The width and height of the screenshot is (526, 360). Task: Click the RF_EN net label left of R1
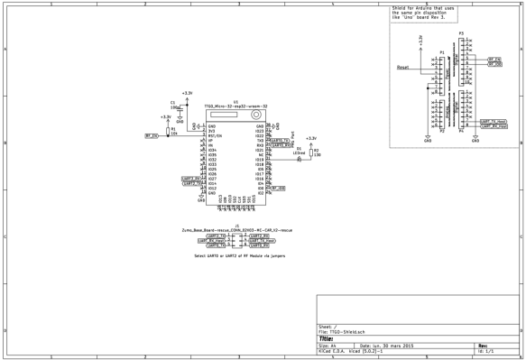(x=151, y=135)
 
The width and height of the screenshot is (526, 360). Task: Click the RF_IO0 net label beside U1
(x=278, y=189)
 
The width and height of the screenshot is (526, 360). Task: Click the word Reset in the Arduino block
(x=402, y=68)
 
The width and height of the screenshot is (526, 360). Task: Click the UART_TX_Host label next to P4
(x=493, y=122)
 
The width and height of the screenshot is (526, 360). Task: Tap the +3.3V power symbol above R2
(x=310, y=138)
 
